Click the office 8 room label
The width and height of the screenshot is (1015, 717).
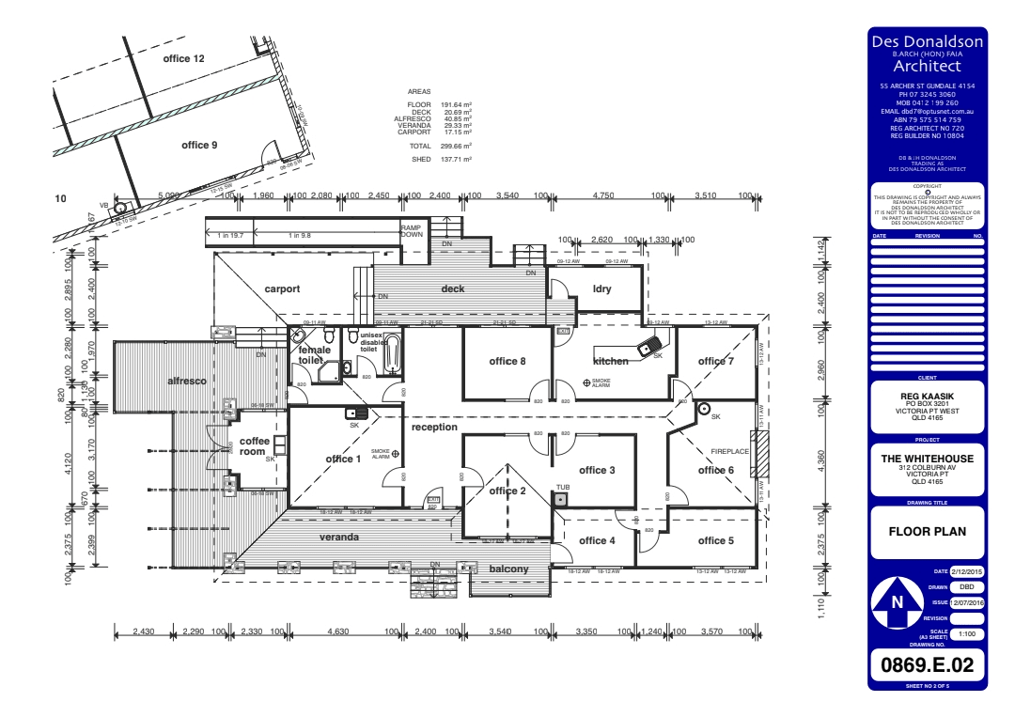(x=508, y=361)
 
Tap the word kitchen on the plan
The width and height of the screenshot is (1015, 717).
(x=610, y=361)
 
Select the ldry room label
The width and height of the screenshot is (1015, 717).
(x=601, y=288)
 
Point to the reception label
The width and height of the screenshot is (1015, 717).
(x=434, y=428)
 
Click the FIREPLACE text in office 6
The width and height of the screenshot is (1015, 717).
(x=729, y=452)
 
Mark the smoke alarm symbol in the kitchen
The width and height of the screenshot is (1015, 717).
(x=587, y=382)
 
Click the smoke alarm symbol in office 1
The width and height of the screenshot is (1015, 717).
(x=396, y=454)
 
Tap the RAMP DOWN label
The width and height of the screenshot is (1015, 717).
(x=412, y=231)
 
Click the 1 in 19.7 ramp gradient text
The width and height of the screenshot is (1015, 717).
(x=229, y=236)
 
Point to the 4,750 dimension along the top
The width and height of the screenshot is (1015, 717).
(x=603, y=195)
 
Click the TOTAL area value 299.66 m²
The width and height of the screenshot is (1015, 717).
(x=456, y=147)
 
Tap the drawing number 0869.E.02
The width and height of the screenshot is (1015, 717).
(x=928, y=666)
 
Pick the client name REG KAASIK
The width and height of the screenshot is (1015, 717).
(x=928, y=397)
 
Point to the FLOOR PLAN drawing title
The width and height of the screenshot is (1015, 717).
(x=928, y=530)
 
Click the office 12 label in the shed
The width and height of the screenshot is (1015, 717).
(x=183, y=59)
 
